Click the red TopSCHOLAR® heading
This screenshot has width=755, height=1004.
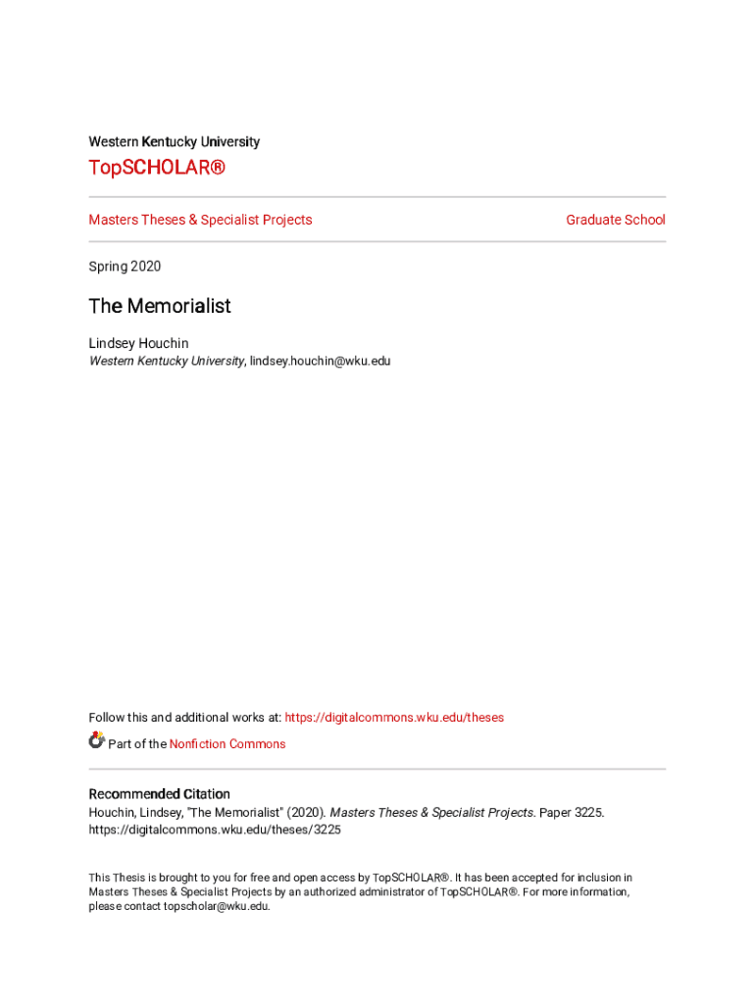(157, 169)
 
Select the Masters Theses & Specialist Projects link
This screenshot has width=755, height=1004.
(200, 220)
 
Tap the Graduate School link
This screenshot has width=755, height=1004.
(615, 220)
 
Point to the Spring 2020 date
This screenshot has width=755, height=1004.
(125, 267)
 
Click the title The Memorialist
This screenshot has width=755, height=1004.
(160, 306)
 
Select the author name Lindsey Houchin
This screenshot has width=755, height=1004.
(138, 343)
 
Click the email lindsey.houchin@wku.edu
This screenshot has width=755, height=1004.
(320, 361)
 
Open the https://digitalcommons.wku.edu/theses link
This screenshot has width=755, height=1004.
(394, 718)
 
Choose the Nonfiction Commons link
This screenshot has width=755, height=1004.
(227, 744)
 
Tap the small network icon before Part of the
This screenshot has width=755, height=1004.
(96, 740)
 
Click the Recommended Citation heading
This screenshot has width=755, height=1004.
(159, 794)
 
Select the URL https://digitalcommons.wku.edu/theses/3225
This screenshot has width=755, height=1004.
(215, 829)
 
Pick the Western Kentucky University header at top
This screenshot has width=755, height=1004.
(174, 142)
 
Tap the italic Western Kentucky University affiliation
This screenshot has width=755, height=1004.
(166, 361)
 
